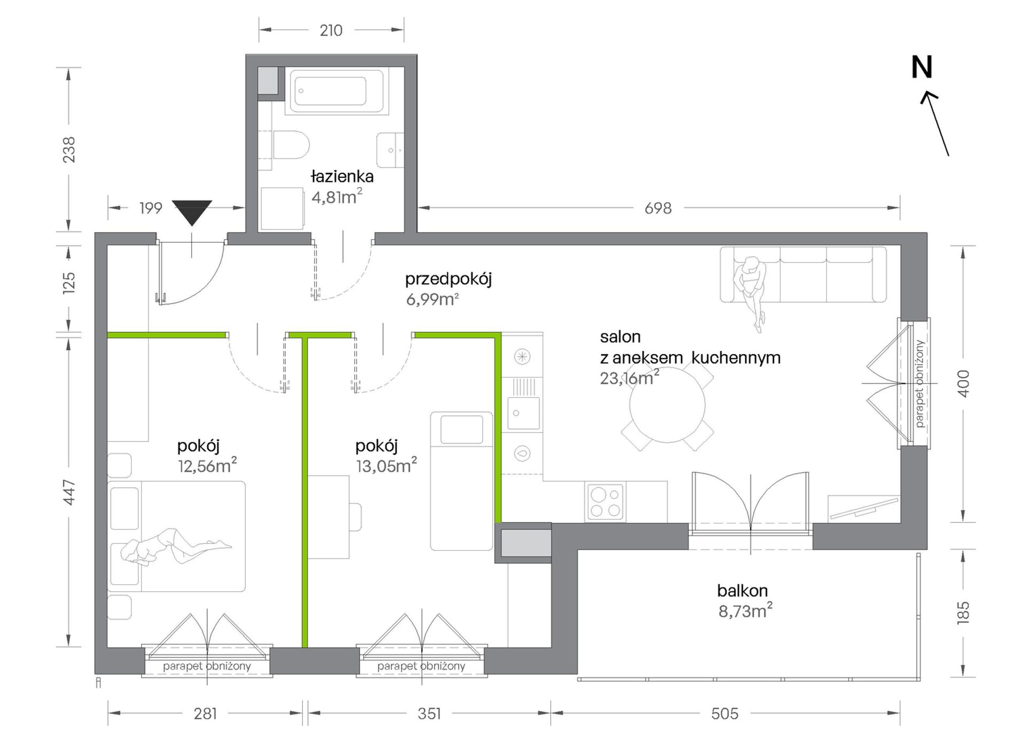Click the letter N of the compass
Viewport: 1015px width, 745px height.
click(x=922, y=67)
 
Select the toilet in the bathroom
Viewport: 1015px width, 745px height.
click(x=291, y=145)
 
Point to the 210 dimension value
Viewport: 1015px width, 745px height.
click(x=331, y=30)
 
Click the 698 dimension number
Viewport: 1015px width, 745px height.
click(x=658, y=208)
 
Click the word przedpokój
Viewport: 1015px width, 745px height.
click(x=448, y=279)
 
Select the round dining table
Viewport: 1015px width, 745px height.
click(x=667, y=405)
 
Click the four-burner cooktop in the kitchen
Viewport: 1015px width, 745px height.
click(x=605, y=501)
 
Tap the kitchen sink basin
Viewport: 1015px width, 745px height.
click(x=523, y=413)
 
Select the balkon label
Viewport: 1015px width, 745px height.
click(x=743, y=590)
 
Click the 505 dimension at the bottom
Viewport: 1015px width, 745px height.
click(x=725, y=713)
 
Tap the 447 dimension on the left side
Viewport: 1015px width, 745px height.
click(x=69, y=493)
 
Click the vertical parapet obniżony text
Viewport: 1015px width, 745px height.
click(x=919, y=383)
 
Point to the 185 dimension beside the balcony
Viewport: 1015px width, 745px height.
click(x=963, y=613)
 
